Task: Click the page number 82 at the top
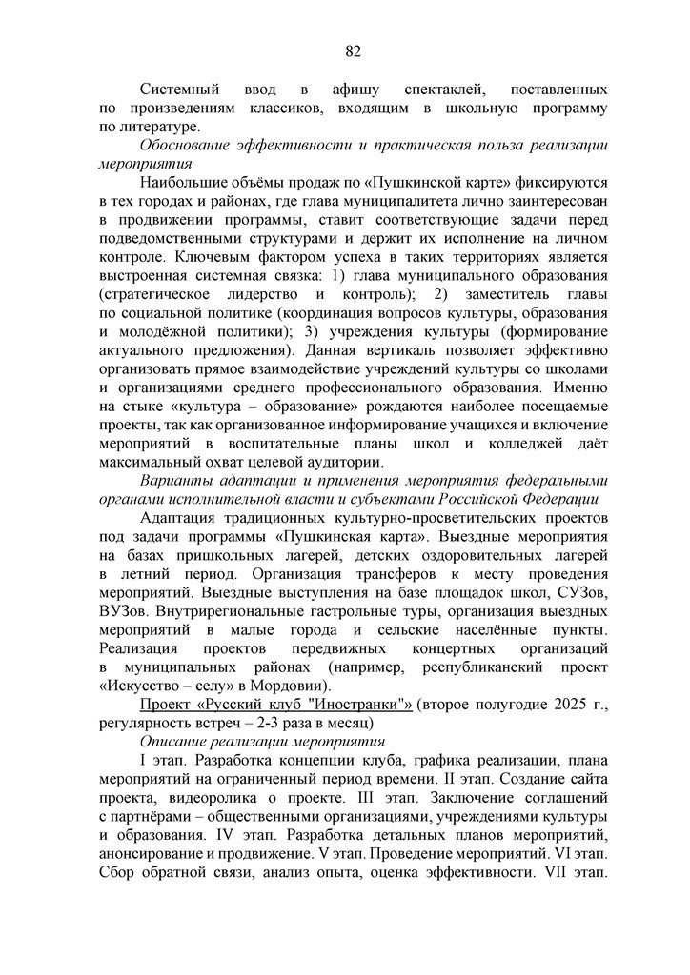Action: (x=353, y=50)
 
